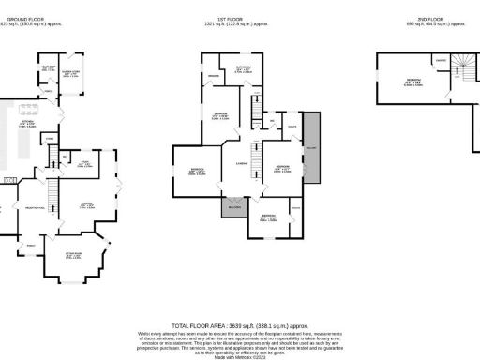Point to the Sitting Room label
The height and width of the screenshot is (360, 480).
[x=74, y=254]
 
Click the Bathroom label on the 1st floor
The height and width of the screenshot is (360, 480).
[x=243, y=67]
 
